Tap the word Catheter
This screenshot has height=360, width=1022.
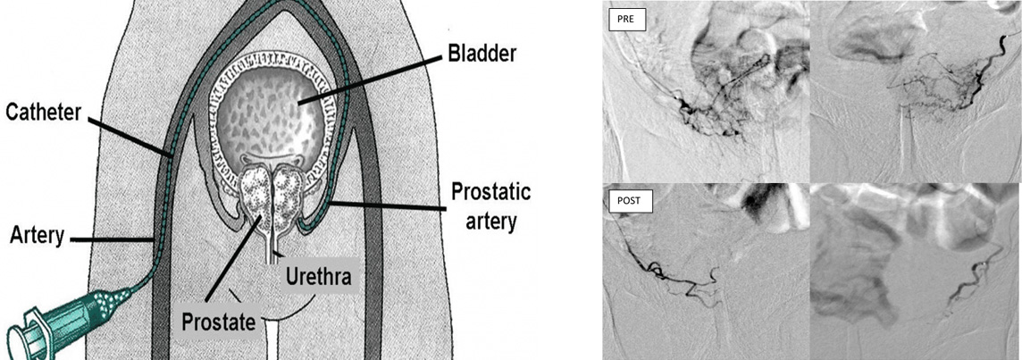click(44, 114)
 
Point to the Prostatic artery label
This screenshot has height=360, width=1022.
click(490, 205)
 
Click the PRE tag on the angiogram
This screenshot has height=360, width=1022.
click(624, 19)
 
